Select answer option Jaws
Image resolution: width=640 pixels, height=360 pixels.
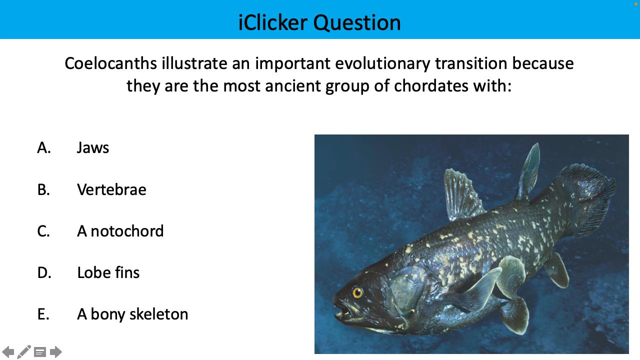click(93, 147)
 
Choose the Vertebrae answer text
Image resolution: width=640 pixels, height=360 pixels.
click(111, 189)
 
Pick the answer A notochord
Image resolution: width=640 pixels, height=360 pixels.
click(120, 231)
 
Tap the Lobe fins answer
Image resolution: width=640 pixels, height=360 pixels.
click(108, 272)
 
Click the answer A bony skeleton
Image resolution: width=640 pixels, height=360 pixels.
click(132, 314)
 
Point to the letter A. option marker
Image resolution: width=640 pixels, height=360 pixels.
click(44, 147)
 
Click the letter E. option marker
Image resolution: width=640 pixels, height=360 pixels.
click(43, 314)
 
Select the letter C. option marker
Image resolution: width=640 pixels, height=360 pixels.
click(44, 231)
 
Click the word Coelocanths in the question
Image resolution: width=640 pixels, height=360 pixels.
click(111, 63)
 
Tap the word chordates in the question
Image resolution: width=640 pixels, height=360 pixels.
click(431, 85)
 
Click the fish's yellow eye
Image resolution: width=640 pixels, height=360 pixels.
click(357, 292)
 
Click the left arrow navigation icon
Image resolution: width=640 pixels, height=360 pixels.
click(8, 352)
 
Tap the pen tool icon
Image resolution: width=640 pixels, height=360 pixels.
click(24, 351)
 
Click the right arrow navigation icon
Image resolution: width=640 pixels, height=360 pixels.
click(56, 352)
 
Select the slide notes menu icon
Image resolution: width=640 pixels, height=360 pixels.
click(40, 352)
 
